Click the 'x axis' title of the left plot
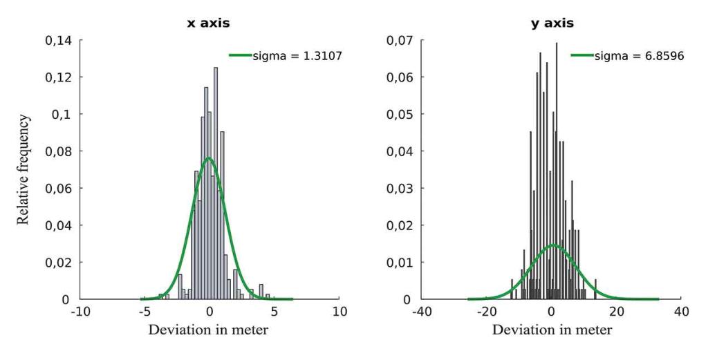point(208,23)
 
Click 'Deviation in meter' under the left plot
point(208,330)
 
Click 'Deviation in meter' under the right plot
point(552,330)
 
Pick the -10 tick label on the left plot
point(81,312)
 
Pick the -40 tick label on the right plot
point(422,312)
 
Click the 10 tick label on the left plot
point(339,312)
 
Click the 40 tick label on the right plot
point(681,312)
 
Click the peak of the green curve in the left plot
point(208,158)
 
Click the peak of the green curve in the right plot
point(553,245)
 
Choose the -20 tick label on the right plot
point(487,312)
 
